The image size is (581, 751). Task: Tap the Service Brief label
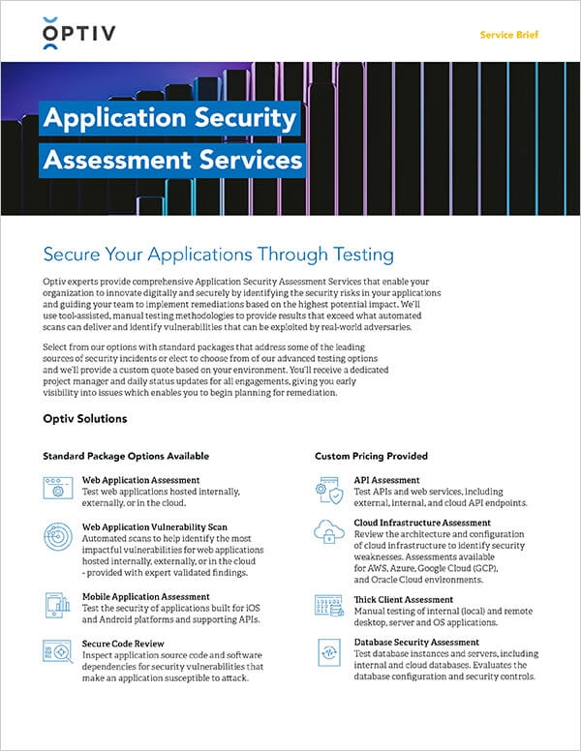tap(509, 35)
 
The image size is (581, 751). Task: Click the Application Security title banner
tap(168, 119)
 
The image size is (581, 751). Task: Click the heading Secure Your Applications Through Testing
tap(219, 255)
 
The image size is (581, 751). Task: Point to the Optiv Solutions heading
tap(85, 419)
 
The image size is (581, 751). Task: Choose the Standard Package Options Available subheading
tap(126, 455)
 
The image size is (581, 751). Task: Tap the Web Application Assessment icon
tap(57, 487)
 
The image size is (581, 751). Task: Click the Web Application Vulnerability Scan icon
tap(57, 534)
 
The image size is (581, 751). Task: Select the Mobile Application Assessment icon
tap(57, 605)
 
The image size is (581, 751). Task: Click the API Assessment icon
tap(328, 490)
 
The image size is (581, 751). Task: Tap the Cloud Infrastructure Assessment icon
tap(328, 531)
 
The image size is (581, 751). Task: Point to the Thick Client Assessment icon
tap(328, 607)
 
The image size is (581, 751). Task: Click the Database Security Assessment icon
tap(328, 650)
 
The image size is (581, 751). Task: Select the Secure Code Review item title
tap(124, 644)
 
